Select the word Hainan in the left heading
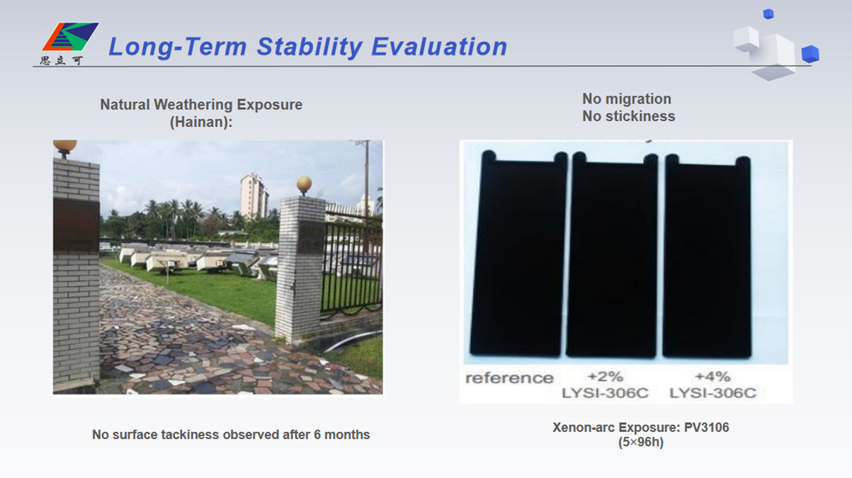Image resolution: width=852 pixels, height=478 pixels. [200, 122]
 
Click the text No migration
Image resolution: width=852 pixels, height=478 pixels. [626, 99]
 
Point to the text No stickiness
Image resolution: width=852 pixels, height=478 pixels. [628, 116]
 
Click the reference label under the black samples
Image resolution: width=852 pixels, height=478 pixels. [509, 378]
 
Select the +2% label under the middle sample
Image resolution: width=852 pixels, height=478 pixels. [605, 376]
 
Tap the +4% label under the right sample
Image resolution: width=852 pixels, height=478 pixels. [712, 376]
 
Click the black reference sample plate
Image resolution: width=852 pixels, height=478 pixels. [518, 255]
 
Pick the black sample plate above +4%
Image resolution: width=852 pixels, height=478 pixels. [707, 255]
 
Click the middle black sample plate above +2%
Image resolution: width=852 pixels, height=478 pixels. [612, 255]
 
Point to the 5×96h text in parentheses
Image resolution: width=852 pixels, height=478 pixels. [640, 443]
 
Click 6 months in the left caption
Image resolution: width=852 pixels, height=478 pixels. [341, 435]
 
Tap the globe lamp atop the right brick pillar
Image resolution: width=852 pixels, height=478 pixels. [304, 184]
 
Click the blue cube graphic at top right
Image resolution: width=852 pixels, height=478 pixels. [810, 54]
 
